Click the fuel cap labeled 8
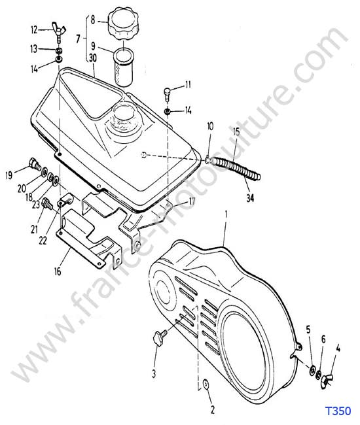[124, 24]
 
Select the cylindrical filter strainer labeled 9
[124, 67]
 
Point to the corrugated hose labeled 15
[236, 168]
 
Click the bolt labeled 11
[168, 93]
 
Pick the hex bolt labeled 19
[35, 163]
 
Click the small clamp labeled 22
[65, 202]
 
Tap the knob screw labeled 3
[160, 336]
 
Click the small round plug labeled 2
[206, 384]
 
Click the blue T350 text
[338, 411]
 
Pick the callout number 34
[250, 198]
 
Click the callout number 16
[58, 271]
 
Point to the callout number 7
[78, 39]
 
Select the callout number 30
[93, 58]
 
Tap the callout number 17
[192, 201]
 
